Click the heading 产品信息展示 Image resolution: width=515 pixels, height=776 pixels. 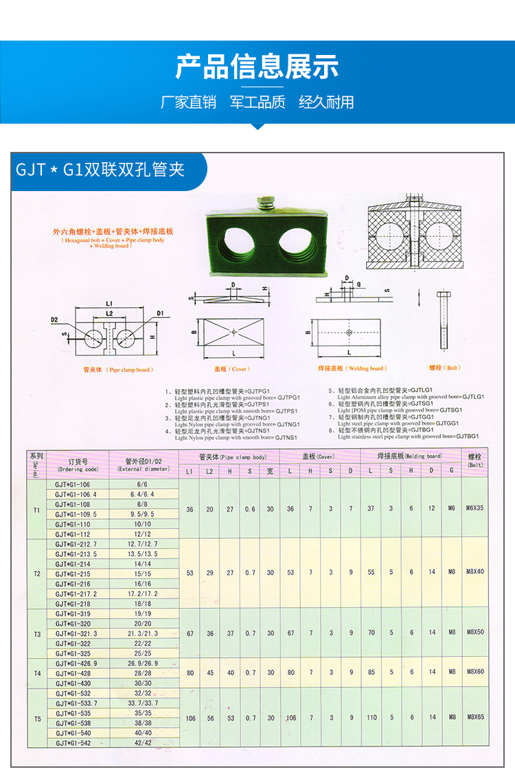click(257, 67)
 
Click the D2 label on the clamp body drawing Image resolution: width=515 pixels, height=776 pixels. click(54, 320)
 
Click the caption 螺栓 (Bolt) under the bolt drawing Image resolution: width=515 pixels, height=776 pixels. click(444, 368)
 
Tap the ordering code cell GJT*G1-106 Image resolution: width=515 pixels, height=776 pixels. click(72, 484)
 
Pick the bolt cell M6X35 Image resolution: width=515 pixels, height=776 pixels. click(475, 509)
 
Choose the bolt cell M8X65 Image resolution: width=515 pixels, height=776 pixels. click(475, 717)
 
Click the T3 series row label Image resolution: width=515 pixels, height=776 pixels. click(37, 634)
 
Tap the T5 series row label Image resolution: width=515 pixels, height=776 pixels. click(37, 718)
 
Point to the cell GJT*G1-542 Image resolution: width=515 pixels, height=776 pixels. click(72, 743)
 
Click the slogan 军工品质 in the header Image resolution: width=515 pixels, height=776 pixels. click(257, 102)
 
